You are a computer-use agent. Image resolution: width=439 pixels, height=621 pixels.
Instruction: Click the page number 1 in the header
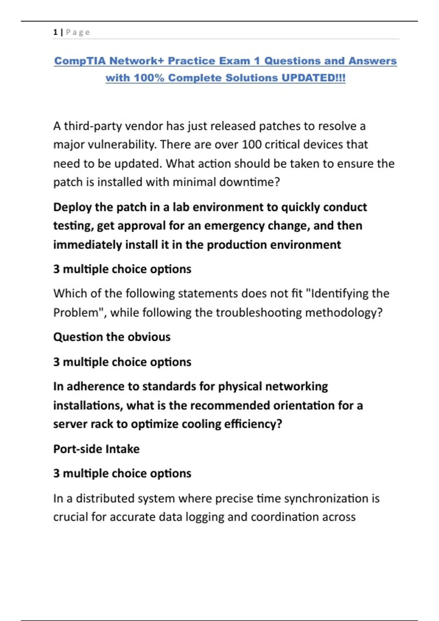tap(55, 32)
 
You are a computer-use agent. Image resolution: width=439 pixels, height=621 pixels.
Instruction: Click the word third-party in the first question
tap(93, 126)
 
